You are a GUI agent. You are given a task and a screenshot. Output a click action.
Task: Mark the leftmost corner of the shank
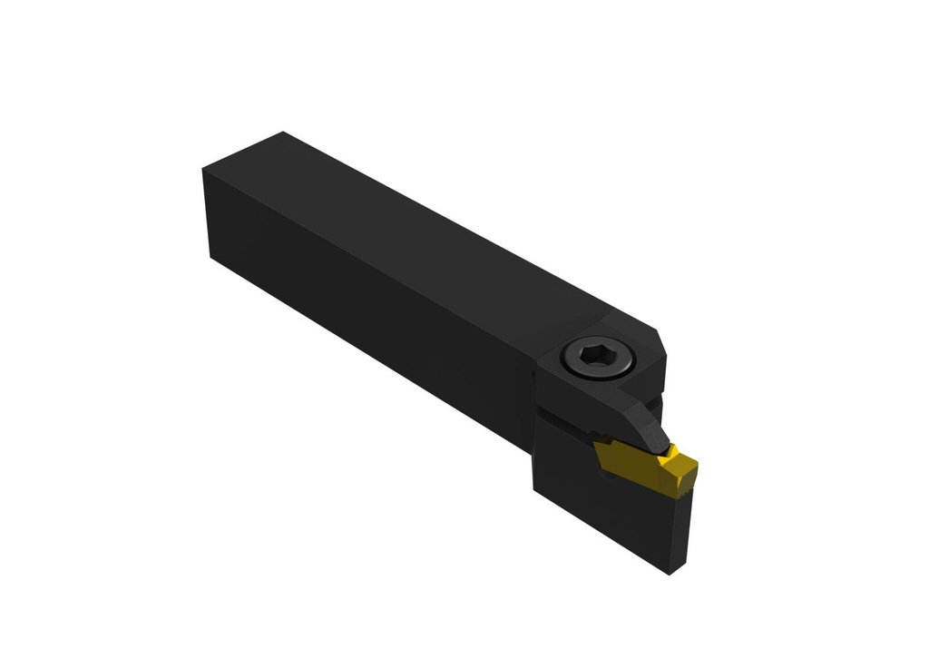click(x=202, y=169)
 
